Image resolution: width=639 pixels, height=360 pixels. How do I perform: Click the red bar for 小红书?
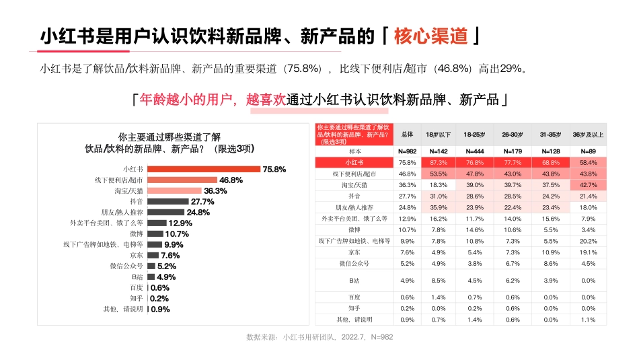click(x=203, y=169)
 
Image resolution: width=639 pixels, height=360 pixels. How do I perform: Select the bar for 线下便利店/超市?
click(x=182, y=180)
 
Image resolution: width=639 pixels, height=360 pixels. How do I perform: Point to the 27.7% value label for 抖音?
click(x=202, y=201)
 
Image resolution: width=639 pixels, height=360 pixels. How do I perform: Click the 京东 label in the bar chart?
click(x=137, y=256)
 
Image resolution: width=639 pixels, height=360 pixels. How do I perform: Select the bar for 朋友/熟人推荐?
click(x=165, y=212)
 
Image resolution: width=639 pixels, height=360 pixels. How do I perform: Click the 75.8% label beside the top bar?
click(x=274, y=169)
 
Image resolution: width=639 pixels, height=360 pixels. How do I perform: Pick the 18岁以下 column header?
click(x=438, y=135)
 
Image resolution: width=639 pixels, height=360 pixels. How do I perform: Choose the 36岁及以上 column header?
click(x=587, y=135)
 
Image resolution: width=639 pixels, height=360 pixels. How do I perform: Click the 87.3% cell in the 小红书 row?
click(x=438, y=163)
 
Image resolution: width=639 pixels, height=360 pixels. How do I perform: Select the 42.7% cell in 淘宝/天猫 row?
click(x=587, y=184)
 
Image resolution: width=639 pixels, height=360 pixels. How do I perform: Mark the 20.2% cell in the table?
click(x=587, y=241)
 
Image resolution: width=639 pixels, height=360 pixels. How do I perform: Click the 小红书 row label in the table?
click(x=354, y=163)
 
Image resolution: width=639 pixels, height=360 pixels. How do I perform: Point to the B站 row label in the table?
click(x=354, y=280)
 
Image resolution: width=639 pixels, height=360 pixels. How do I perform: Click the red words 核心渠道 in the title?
click(x=430, y=35)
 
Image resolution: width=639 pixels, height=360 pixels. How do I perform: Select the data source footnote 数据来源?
click(x=319, y=336)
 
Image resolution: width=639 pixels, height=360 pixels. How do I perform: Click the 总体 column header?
click(x=407, y=135)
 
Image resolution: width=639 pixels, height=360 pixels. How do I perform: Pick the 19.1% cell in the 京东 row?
click(x=587, y=252)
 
